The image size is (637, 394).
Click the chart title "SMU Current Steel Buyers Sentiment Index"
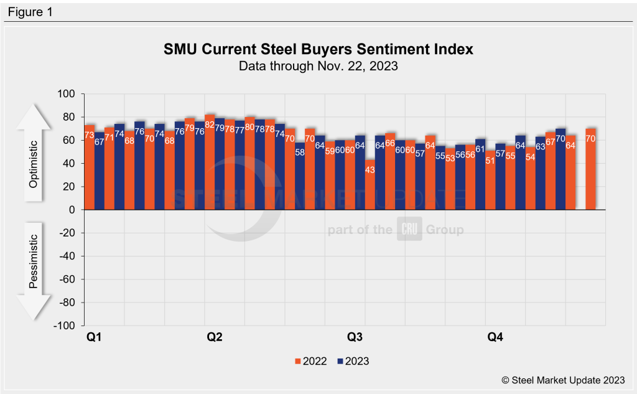318,49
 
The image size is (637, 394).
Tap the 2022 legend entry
310,360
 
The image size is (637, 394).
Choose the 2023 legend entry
353,360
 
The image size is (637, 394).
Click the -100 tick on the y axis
65,326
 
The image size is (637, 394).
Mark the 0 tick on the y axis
72,210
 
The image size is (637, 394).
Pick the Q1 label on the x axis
93,338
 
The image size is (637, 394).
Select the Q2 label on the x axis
214,338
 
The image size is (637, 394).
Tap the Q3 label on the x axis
355,338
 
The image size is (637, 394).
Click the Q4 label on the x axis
495,338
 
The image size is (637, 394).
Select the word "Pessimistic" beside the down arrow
34,261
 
